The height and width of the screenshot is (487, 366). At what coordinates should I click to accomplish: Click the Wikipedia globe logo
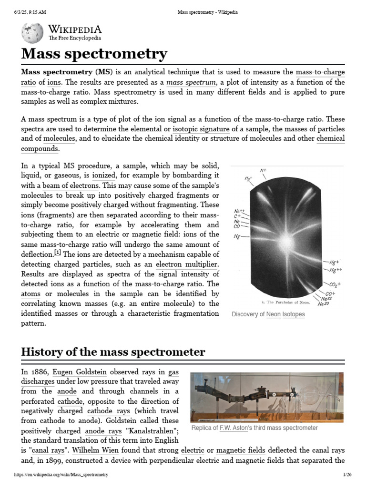pyautogui.click(x=32, y=33)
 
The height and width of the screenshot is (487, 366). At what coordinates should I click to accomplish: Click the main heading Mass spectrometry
pyautogui.click(x=94, y=54)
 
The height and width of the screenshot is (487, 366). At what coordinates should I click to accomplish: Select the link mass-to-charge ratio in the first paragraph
pyautogui.click(x=320, y=72)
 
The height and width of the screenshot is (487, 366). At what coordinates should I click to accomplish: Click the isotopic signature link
pyautogui.click(x=200, y=129)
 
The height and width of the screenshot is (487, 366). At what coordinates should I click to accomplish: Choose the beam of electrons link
pyautogui.click(x=71, y=185)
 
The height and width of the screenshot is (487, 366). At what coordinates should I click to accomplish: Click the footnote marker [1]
pyautogui.click(x=58, y=253)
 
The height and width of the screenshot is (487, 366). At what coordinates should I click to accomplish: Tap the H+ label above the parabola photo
pyautogui.click(x=263, y=170)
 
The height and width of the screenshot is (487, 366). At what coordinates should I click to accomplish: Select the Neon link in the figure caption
pyautogui.click(x=273, y=314)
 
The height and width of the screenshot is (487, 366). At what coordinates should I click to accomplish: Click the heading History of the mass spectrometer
pyautogui.click(x=113, y=352)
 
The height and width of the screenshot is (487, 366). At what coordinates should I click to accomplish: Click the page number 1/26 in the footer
pyautogui.click(x=347, y=475)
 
